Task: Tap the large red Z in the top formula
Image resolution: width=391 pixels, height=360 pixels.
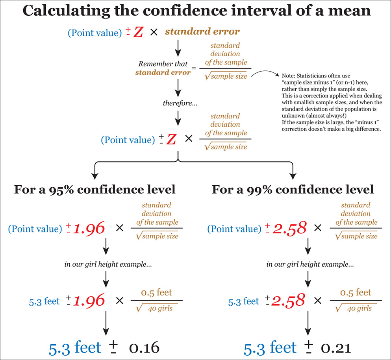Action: (138, 32)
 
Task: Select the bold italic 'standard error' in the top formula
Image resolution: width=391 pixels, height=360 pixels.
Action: (202, 31)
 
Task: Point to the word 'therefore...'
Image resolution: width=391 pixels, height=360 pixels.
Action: (178, 103)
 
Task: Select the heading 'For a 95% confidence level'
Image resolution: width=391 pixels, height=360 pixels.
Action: (95, 190)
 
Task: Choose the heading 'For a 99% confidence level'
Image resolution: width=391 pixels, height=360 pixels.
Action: (293, 190)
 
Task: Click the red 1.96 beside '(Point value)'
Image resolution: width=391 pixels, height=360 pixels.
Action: (89, 228)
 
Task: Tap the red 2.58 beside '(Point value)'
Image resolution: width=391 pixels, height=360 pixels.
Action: (290, 228)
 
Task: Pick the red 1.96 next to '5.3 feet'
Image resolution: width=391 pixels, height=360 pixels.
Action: (89, 301)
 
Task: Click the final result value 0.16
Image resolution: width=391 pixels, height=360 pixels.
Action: (144, 348)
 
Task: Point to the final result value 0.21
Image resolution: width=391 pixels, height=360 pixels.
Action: (335, 348)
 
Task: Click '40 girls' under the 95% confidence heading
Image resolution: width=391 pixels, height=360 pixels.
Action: (160, 308)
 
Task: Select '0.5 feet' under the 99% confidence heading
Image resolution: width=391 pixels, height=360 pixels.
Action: (355, 292)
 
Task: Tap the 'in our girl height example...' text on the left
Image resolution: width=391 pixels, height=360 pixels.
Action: (108, 264)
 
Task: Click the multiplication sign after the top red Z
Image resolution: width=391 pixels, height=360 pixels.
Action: (154, 32)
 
